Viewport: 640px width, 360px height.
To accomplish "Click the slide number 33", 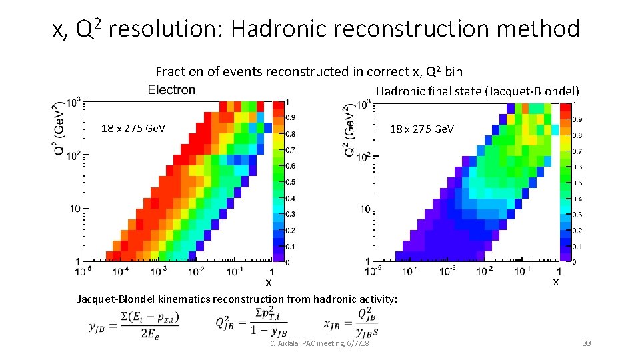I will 587,343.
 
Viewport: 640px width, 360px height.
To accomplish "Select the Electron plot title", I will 172,89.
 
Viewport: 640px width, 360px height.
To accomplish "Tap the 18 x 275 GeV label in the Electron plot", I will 133,129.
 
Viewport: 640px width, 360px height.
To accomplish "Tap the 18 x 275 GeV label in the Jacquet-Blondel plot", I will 421,129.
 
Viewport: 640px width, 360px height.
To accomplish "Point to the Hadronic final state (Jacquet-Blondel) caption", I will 477,91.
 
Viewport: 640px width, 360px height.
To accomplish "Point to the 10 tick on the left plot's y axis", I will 73,209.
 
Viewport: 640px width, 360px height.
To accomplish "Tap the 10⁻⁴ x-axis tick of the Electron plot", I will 121,271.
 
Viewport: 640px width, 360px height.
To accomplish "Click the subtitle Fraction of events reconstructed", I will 309,71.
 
